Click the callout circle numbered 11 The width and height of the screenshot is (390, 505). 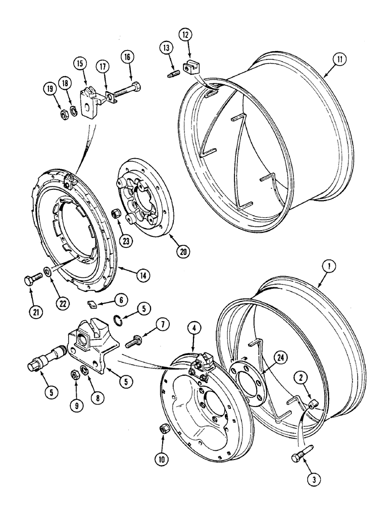pyautogui.click(x=330, y=61)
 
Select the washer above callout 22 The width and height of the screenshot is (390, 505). pyautogui.click(x=46, y=273)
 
